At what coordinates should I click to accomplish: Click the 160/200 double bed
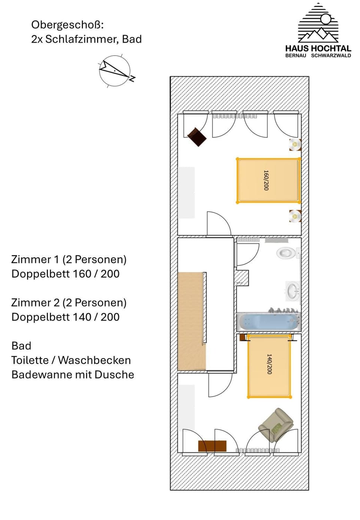pos(268,181)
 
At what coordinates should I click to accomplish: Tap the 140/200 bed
pos(269,366)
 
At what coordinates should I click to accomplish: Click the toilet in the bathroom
pos(286,253)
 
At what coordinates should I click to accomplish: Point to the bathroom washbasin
pos(292,291)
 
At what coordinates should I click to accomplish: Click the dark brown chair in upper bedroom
pos(197,137)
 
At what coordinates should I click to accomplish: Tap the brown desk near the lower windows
pos(212,446)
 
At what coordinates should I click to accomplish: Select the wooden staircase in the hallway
pos(191,321)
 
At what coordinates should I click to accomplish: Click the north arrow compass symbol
pos(115,71)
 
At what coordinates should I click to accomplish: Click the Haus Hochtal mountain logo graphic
pos(318,24)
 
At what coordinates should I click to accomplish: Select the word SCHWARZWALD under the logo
pos(331,55)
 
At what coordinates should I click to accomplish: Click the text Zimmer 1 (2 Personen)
pos(69,259)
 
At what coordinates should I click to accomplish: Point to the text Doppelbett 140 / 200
pos(65,317)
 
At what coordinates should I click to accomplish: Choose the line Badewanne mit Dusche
pos(72,375)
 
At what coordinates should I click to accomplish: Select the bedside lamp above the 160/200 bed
pos(295,144)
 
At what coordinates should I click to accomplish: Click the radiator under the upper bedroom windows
pos(235,116)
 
